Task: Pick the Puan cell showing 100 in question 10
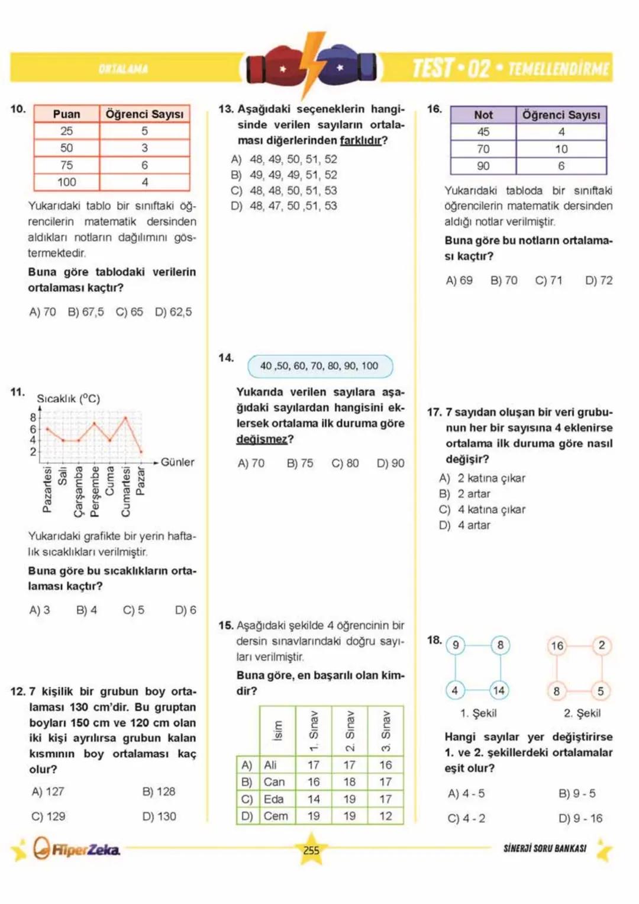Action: click(x=66, y=182)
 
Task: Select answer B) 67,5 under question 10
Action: click(x=86, y=312)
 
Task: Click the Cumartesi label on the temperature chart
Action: click(x=125, y=491)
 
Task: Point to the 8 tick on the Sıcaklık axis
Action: click(x=33, y=417)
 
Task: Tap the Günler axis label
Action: click(x=177, y=462)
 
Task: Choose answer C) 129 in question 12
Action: click(x=49, y=816)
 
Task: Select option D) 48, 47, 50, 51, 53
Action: click(x=284, y=206)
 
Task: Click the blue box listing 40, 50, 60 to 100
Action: click(x=319, y=366)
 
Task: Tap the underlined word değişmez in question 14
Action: click(x=262, y=439)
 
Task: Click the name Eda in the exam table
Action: click(x=273, y=799)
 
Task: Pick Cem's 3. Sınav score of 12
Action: click(x=386, y=816)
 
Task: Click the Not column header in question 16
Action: click(x=483, y=115)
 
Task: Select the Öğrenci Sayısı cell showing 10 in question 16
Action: click(x=561, y=149)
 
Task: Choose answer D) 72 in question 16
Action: click(x=599, y=281)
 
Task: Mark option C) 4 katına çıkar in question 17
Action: click(x=482, y=510)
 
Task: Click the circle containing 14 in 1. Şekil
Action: click(x=499, y=690)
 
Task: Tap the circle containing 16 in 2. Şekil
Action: click(x=557, y=645)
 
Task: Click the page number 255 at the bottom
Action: click(x=311, y=850)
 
